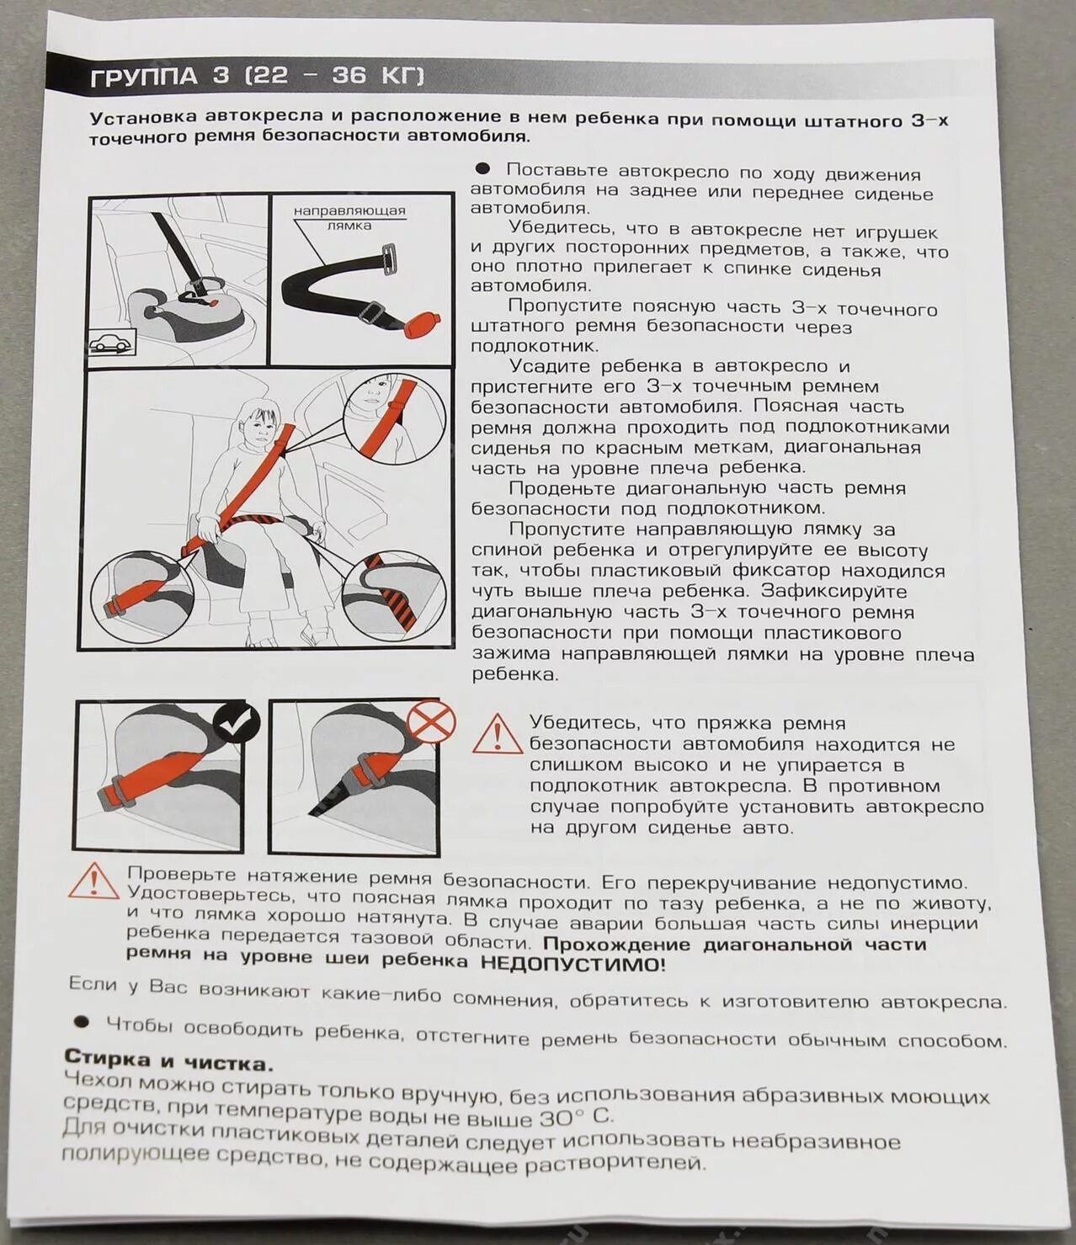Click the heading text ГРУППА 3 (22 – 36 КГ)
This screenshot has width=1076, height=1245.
coord(257,76)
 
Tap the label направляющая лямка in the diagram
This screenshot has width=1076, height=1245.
coord(349,217)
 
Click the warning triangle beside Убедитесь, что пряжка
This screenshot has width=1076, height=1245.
coord(497,735)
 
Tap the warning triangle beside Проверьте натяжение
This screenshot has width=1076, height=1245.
coord(93,881)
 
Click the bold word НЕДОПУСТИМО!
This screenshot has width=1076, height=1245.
coord(573,965)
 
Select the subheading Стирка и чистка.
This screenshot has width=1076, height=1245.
coord(168,1061)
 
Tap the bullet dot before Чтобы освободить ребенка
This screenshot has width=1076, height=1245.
coord(82,1022)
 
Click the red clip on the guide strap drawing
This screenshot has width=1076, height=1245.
coord(423,324)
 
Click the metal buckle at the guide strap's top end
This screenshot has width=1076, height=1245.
coord(388,258)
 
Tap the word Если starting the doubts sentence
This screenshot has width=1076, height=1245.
coord(93,983)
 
